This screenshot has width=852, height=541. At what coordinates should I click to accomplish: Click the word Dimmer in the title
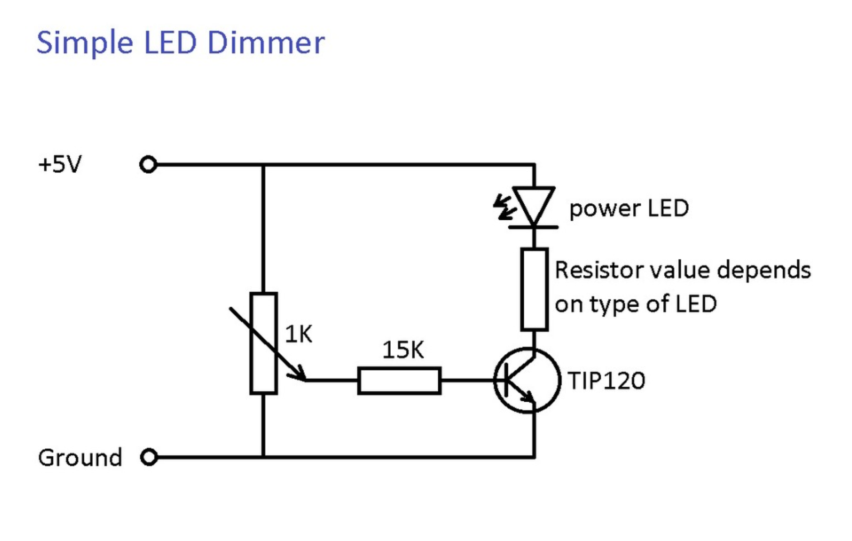(x=266, y=43)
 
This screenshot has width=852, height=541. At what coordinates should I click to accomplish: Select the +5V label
(x=60, y=164)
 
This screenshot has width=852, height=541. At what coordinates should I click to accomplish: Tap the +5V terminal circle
(x=148, y=165)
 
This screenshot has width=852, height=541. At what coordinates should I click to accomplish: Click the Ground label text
(x=80, y=458)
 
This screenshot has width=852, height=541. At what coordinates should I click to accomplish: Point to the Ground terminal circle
(x=148, y=457)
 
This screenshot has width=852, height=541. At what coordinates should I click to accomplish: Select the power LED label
(x=629, y=209)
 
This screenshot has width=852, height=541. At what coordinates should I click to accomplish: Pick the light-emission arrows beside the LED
(x=503, y=208)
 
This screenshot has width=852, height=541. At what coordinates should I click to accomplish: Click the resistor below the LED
(x=535, y=289)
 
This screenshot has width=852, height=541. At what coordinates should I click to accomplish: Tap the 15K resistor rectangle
(x=399, y=381)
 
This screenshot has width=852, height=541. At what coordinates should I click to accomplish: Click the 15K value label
(x=403, y=350)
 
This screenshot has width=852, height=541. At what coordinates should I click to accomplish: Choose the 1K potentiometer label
(x=299, y=334)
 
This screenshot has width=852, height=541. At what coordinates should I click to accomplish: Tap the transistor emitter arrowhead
(x=529, y=398)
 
